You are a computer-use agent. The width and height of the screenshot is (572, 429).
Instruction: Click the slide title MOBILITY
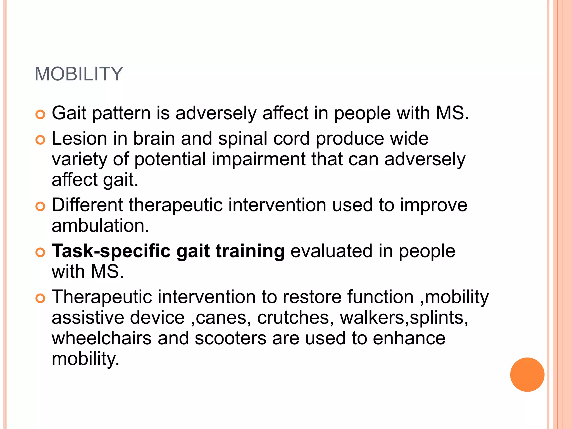79,74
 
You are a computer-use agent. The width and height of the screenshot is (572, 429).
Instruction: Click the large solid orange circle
527,375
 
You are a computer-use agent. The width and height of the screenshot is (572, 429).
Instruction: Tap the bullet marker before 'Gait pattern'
40,115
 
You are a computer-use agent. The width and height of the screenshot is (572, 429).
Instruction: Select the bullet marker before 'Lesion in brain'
40,140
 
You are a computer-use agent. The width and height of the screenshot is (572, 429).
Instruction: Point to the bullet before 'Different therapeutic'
40,207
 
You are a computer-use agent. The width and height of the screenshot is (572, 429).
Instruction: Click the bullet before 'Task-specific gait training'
40,252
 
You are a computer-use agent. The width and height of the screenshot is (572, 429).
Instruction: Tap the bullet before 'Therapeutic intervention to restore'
40,298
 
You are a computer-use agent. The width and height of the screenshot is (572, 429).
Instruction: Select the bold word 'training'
250,251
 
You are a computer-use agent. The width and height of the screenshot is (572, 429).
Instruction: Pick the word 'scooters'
230,338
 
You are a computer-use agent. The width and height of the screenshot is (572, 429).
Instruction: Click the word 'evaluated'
332,251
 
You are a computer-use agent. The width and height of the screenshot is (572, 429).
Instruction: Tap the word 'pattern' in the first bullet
121,113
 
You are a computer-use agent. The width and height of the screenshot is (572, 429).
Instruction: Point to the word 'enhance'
409,338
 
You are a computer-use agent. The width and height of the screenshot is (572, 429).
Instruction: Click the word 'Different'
87,205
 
